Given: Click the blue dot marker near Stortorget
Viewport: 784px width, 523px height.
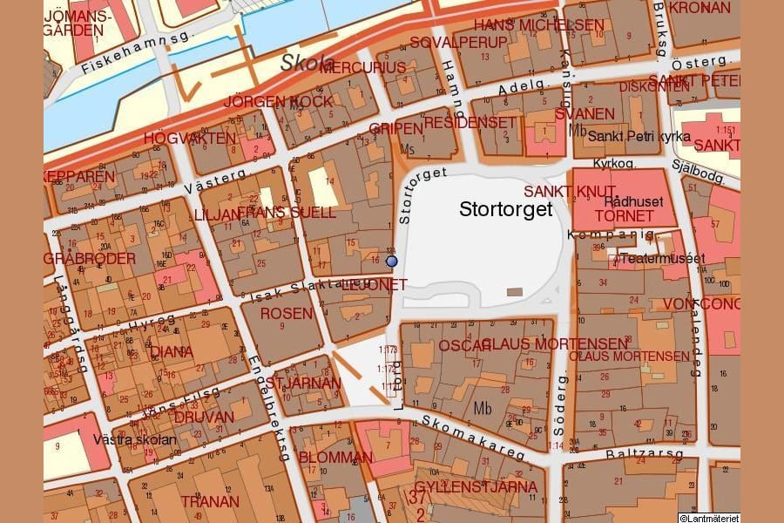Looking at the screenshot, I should tap(391, 261).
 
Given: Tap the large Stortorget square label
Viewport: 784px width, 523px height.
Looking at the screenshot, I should tap(506, 210).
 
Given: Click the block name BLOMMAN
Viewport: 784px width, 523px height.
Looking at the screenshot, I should tap(336, 457).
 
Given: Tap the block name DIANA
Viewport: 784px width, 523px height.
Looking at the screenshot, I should tap(172, 352).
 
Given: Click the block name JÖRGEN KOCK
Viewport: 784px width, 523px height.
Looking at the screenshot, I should tap(278, 101).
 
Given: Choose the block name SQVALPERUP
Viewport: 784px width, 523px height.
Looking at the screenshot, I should tap(446, 43).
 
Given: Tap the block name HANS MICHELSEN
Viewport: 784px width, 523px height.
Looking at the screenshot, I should tap(538, 25).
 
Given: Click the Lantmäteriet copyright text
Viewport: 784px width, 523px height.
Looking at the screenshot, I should tap(709, 518).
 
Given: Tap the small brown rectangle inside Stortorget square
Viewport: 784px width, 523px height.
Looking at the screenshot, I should tap(515, 292).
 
